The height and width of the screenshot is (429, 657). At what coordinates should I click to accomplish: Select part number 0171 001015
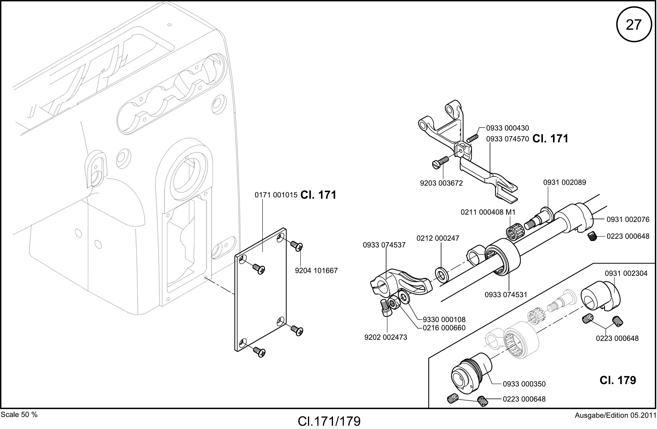tap(276, 195)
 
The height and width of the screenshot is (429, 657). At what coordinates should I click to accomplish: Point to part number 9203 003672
tap(441, 183)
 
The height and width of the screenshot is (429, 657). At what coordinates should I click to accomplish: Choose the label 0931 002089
tap(564, 182)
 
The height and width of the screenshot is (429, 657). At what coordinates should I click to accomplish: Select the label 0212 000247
tap(438, 238)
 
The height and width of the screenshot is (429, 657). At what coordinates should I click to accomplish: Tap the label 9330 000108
tap(444, 320)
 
